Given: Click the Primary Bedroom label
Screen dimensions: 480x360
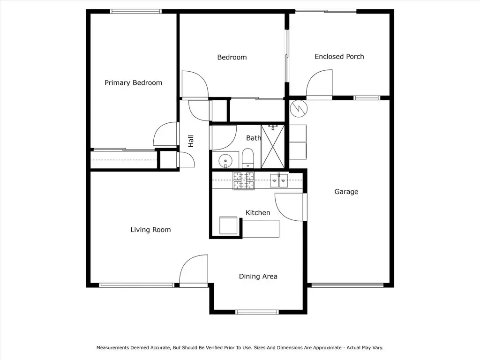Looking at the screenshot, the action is coord(133,82).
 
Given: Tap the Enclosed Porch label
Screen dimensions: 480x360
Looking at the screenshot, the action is coord(339,57).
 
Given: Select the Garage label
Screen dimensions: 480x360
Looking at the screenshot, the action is coord(346,192).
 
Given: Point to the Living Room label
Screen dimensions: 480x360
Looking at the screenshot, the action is coord(150,230).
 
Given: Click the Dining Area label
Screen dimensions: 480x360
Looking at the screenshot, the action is coord(258,277).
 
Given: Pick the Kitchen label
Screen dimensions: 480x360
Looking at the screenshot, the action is coord(258,213).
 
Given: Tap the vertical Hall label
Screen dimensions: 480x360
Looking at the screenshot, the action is coord(191,141).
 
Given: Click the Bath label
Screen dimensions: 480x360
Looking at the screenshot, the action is coord(254,138).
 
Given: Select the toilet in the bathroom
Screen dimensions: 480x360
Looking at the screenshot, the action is coord(247,158).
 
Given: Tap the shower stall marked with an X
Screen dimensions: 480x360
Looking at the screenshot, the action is coord(273,146).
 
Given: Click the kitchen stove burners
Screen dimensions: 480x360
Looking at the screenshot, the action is coord(244,181).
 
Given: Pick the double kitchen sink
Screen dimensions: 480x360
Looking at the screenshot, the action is coord(279,180).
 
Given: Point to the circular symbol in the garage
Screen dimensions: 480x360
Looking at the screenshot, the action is coord(299,108).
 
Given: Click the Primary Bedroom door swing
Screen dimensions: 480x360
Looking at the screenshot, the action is coord(165,134).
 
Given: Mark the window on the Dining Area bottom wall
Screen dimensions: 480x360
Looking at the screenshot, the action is coord(257,312).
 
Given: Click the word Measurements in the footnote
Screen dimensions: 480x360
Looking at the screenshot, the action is coord(112,348).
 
